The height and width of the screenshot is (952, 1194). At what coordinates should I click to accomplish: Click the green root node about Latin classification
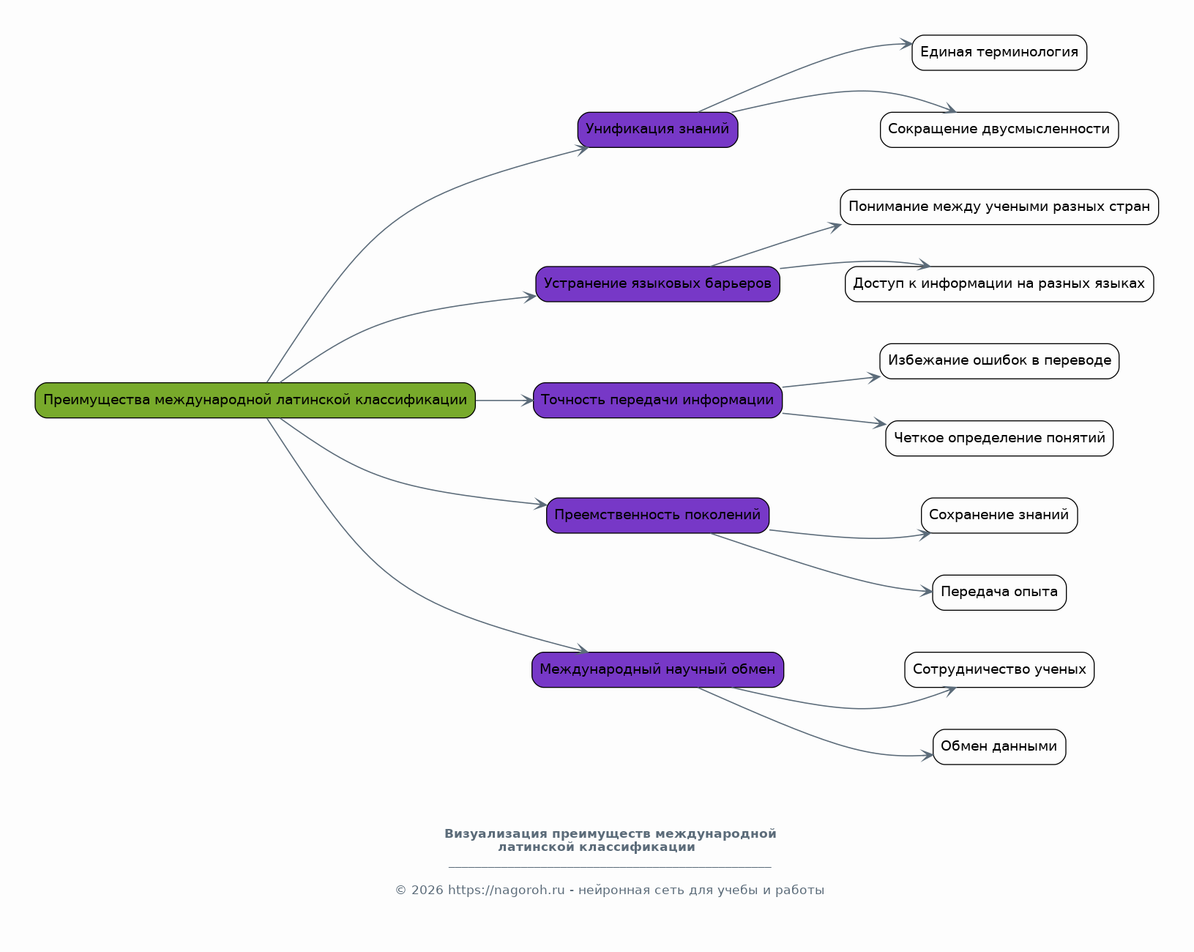255,400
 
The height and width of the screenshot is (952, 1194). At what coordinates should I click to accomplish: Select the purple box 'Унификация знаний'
657,130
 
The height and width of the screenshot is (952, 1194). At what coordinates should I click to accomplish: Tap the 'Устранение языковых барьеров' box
657,283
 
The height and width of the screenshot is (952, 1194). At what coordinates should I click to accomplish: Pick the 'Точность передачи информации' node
657,400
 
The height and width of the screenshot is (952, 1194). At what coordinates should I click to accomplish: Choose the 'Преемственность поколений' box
657,515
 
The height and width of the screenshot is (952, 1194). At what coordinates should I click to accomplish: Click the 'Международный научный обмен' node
657,669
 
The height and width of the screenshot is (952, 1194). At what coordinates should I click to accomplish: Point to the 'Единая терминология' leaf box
999,52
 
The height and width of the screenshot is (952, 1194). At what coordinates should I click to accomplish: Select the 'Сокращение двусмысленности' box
999,130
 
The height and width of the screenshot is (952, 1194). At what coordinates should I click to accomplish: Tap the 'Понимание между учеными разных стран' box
999,207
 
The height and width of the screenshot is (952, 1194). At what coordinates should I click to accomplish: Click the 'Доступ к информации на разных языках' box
999,283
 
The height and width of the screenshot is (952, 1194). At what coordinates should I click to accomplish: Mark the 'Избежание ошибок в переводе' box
999,361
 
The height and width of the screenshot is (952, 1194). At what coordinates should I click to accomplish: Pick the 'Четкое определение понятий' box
999,438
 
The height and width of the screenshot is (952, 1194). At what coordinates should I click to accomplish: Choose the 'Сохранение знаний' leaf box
999,515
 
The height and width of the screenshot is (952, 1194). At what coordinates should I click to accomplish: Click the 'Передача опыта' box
999,592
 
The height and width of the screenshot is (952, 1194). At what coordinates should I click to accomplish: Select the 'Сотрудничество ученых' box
999,669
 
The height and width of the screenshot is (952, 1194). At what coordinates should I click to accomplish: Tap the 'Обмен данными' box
999,747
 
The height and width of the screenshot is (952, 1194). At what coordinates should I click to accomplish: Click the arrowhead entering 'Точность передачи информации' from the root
527,401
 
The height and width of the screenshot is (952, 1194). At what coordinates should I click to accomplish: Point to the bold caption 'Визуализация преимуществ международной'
611,833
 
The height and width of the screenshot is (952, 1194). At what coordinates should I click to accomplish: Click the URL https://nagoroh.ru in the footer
506,890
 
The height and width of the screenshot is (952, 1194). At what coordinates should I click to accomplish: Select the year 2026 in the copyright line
428,890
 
